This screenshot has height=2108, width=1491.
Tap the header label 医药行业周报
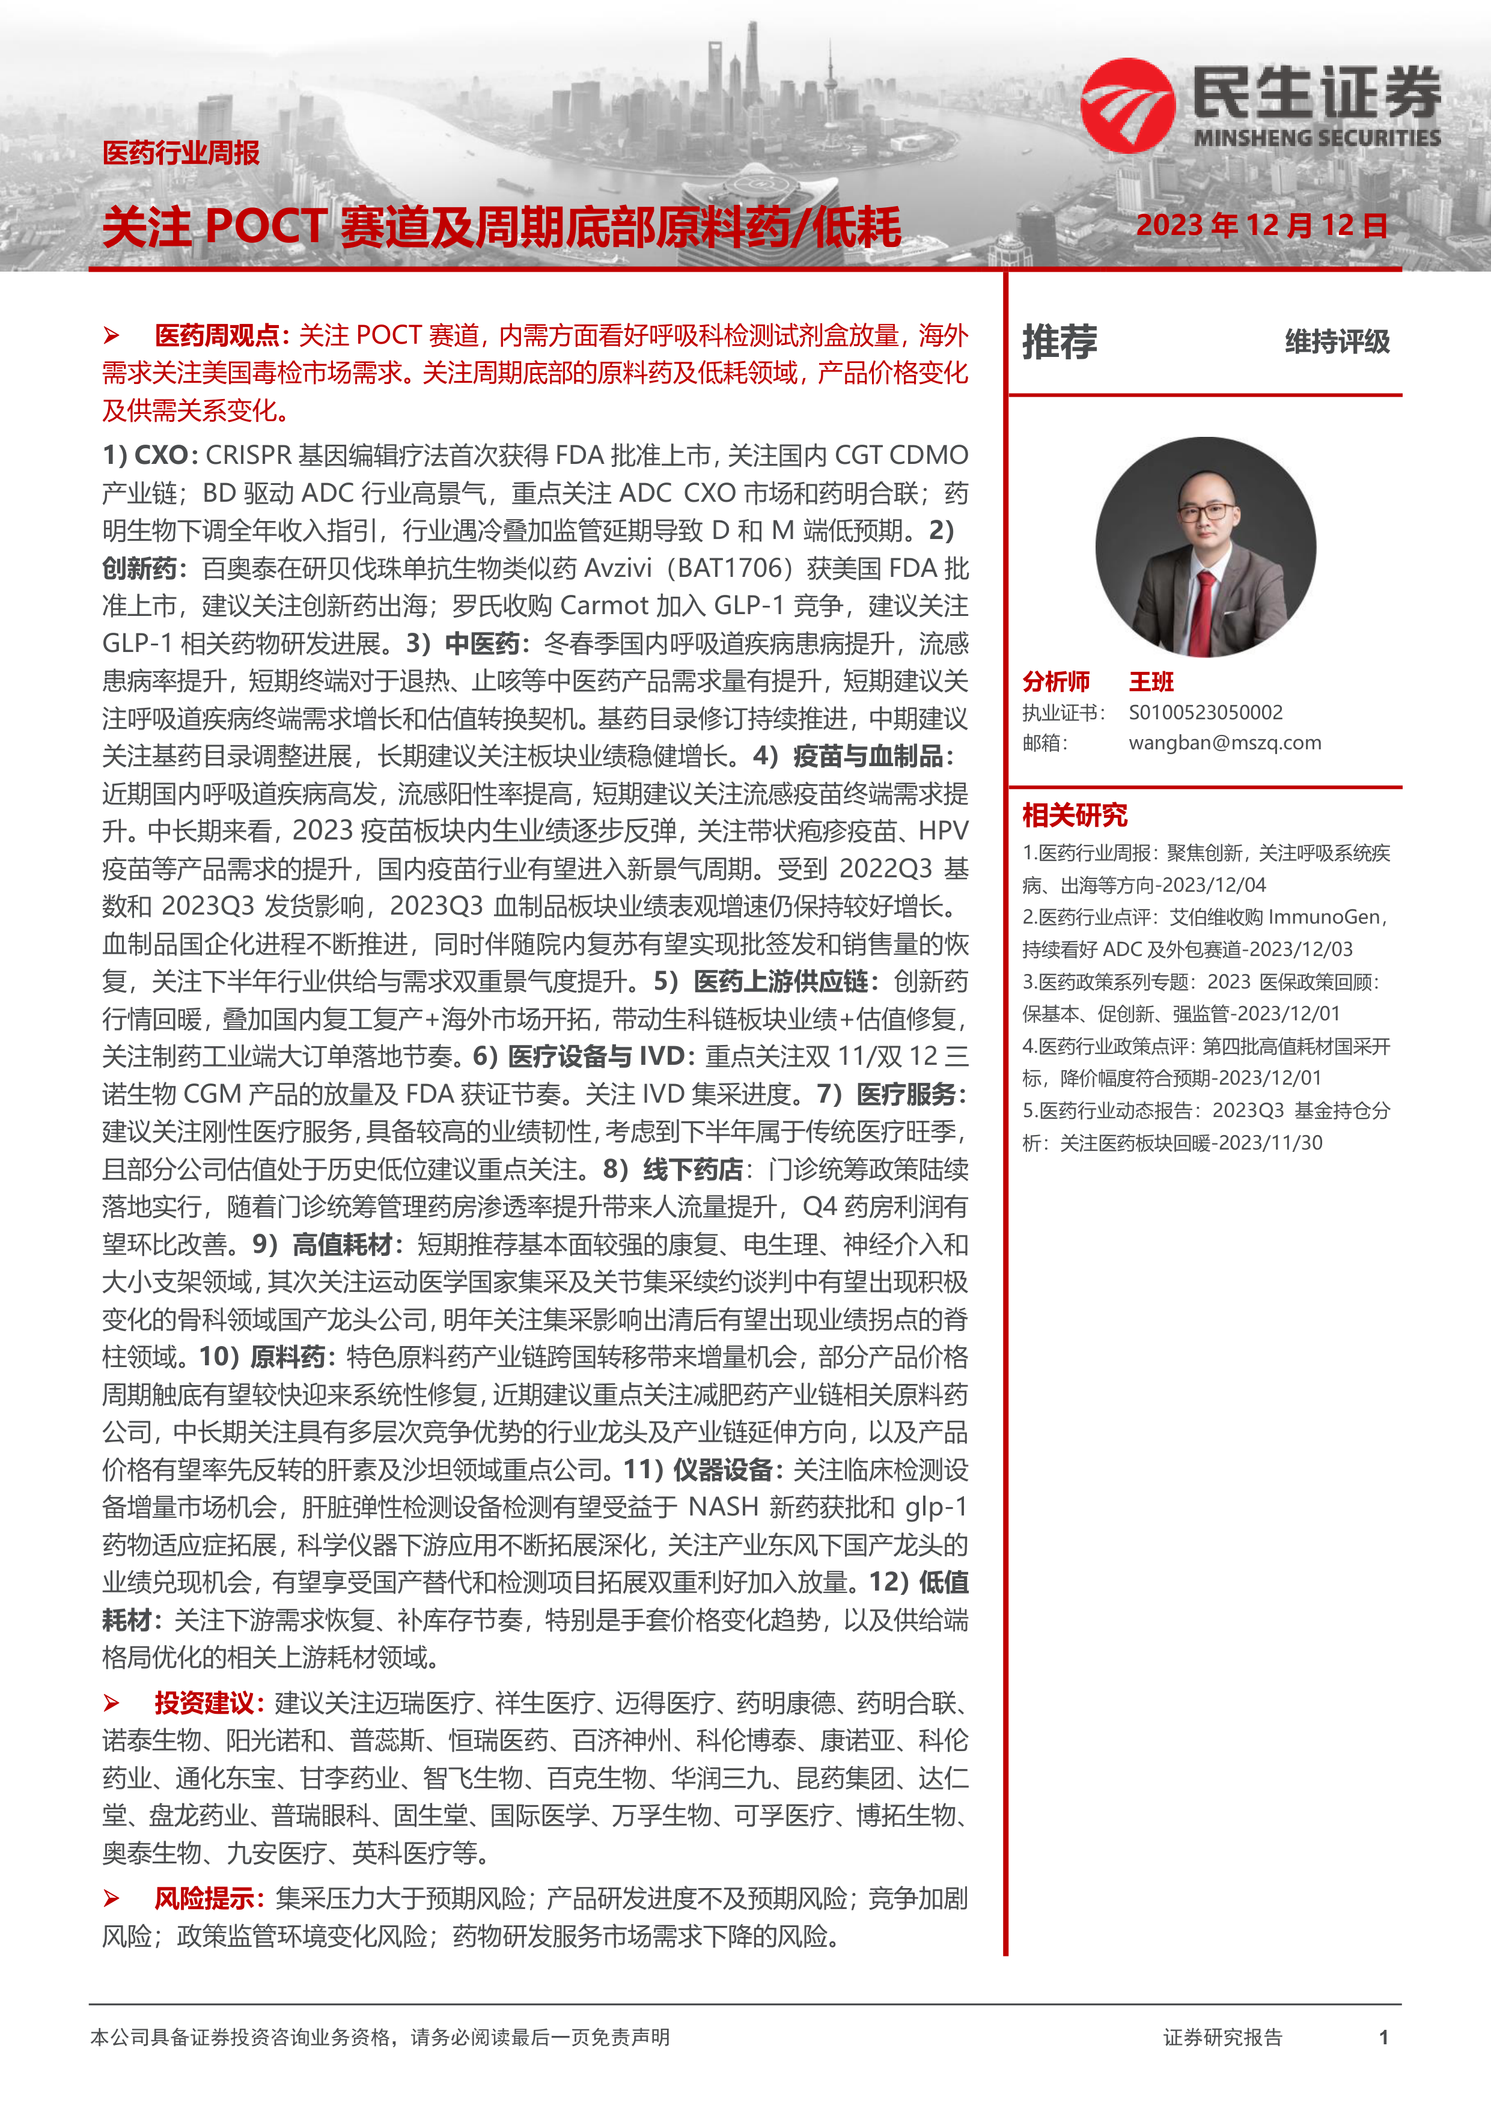(x=181, y=153)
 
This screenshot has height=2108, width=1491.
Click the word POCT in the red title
(x=266, y=227)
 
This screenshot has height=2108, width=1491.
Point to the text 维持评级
(x=1337, y=341)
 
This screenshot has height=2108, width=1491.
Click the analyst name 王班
(x=1151, y=681)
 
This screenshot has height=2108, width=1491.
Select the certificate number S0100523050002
(x=1206, y=713)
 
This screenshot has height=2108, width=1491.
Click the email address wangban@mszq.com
(x=1225, y=743)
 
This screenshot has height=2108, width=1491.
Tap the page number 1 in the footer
(x=1383, y=2037)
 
